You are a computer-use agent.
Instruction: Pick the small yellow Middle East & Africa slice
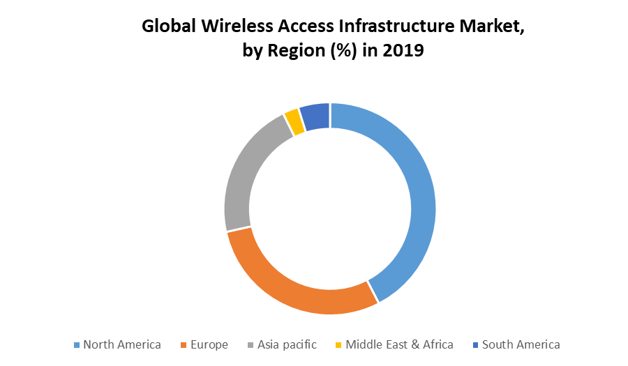tap(293, 122)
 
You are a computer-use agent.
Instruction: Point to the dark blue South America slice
tap(315, 116)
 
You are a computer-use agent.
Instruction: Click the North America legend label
tap(122, 344)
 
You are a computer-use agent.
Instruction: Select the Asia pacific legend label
tap(287, 344)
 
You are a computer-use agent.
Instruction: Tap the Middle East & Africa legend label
tap(399, 344)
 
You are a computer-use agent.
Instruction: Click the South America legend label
tap(521, 344)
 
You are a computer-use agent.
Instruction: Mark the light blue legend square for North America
tap(77, 345)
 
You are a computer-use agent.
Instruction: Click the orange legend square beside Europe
tap(185, 345)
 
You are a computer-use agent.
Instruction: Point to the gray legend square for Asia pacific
tap(251, 345)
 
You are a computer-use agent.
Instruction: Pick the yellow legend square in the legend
tap(340, 345)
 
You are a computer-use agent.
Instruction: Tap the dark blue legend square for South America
tap(476, 345)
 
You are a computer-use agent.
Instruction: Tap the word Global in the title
tap(167, 26)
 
